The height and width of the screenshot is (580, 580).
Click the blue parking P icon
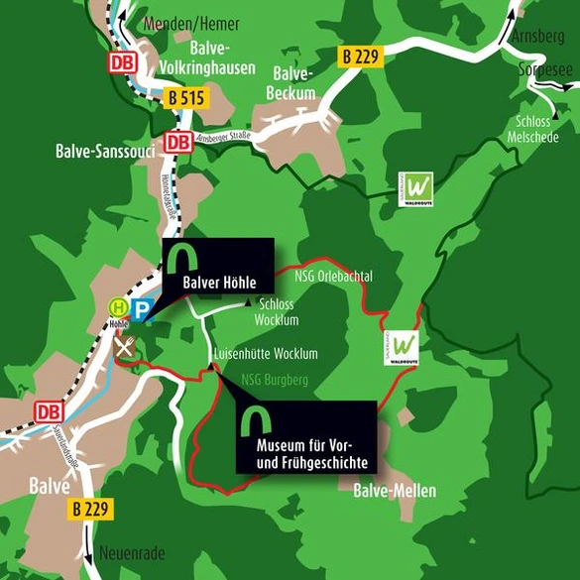point(143,310)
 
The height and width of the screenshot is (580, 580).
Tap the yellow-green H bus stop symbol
point(118,307)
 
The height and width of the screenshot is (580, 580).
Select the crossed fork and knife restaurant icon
point(124,346)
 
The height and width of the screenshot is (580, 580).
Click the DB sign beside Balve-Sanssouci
point(178,142)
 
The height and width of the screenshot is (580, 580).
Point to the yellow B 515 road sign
point(185,98)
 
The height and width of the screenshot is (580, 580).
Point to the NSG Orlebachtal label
point(333,275)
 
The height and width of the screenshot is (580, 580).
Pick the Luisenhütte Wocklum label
point(265,354)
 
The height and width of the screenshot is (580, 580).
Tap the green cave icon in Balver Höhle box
point(179,258)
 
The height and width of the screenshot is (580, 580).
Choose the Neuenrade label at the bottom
point(132,553)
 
